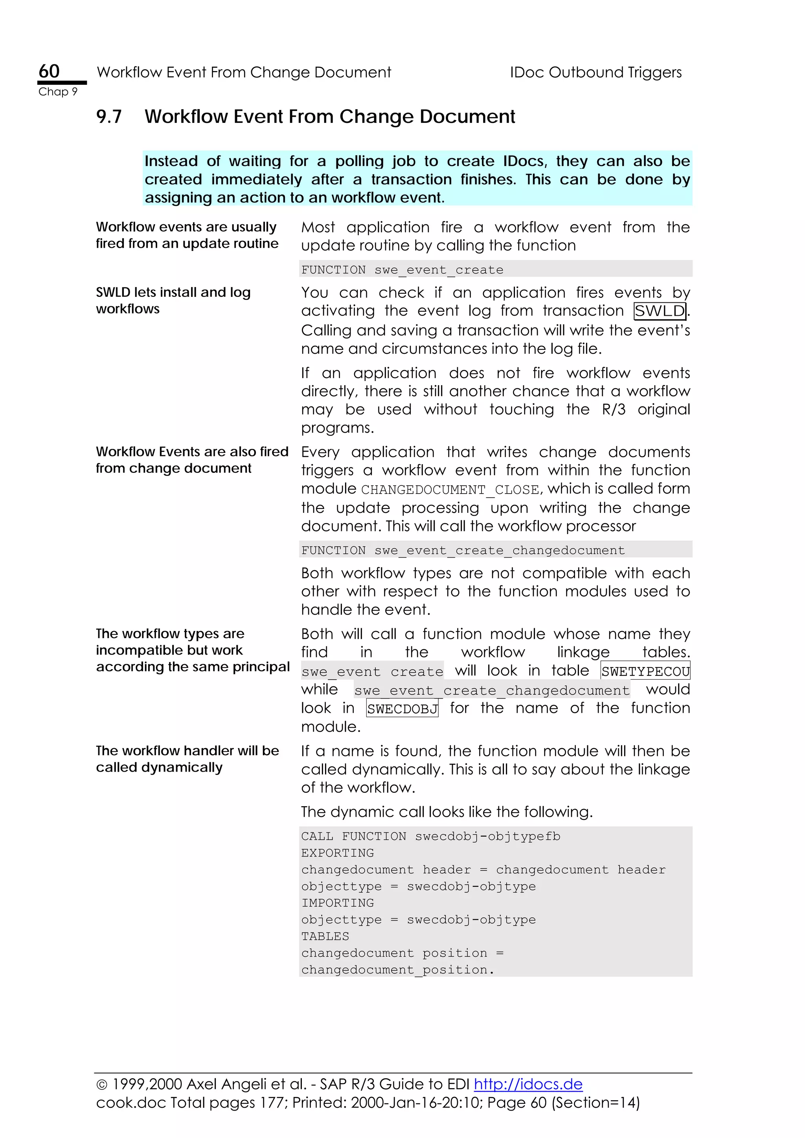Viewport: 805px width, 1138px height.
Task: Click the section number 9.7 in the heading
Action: coord(108,117)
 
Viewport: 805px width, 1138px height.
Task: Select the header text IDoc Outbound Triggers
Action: coord(595,72)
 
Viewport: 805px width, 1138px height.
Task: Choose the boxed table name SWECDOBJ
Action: coord(402,708)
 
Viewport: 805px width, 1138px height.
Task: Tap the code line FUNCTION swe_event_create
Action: coord(402,270)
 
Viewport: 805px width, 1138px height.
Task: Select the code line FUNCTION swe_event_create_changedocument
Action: coord(462,550)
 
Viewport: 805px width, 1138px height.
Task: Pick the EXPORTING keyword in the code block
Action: coord(337,853)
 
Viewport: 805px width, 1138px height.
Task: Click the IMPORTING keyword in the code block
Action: coord(337,903)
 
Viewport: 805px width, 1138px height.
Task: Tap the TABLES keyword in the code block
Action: coord(325,936)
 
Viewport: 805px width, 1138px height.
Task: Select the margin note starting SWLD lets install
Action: coord(173,300)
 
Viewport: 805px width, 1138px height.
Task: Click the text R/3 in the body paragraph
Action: coord(614,410)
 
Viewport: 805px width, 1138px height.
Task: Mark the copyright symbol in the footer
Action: coord(102,1085)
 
